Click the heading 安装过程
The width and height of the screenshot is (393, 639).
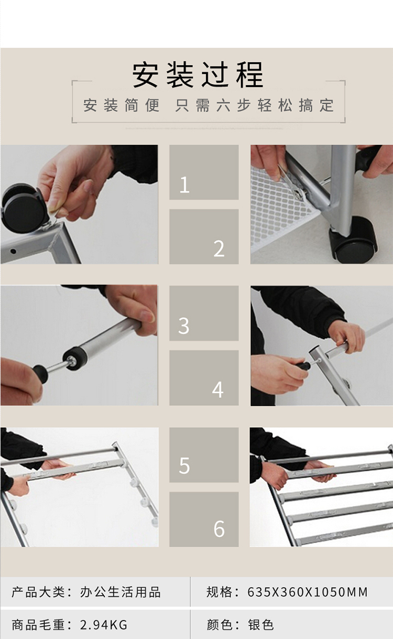click(198, 75)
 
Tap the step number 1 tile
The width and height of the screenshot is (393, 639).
click(204, 172)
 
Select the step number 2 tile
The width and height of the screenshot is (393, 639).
click(204, 236)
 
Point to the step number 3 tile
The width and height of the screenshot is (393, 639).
click(204, 313)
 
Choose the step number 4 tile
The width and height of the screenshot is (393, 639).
click(204, 378)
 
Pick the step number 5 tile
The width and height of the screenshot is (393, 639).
click(204, 454)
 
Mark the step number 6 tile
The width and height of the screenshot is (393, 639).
click(204, 519)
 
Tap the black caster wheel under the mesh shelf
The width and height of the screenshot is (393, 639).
click(354, 240)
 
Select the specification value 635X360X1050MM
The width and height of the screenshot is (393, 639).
click(308, 592)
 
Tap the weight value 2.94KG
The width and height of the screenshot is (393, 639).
click(104, 625)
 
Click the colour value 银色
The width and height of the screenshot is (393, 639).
click(260, 625)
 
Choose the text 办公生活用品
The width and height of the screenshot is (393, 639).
click(121, 592)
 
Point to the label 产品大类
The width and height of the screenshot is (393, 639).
click(38, 592)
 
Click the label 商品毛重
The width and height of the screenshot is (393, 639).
click(38, 625)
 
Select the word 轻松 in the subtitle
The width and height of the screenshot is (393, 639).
click(275, 105)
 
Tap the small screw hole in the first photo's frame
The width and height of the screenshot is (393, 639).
click(13, 251)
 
